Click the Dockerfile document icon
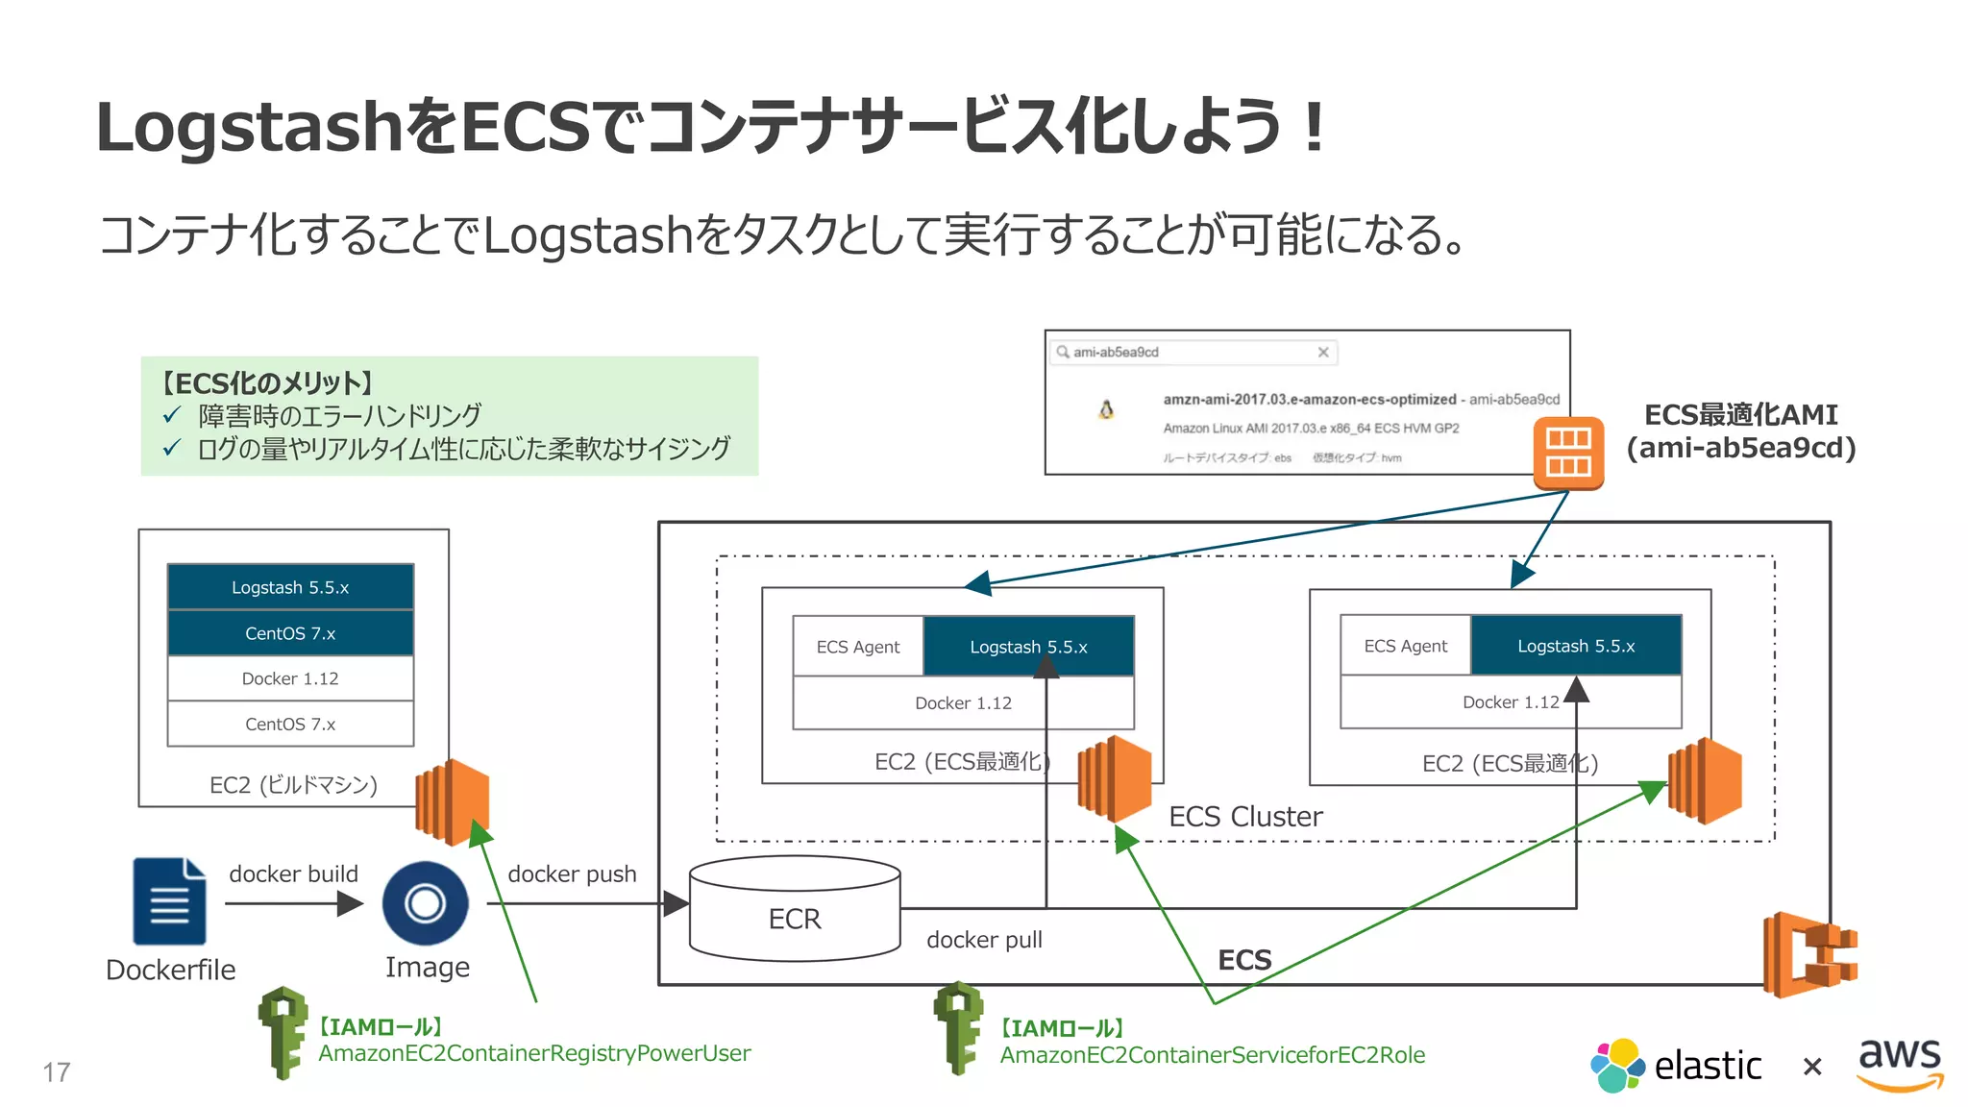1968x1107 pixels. pyautogui.click(x=169, y=901)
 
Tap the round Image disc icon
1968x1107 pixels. pyautogui.click(x=425, y=903)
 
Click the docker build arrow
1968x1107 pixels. pyautogui.click(x=294, y=903)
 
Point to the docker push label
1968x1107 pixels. pyautogui.click(x=572, y=873)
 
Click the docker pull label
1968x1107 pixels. pyautogui.click(x=984, y=940)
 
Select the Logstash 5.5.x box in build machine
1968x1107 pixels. pyautogui.click(x=290, y=587)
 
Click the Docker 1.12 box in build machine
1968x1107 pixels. pyautogui.click(x=290, y=678)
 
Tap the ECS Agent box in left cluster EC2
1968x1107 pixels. pyautogui.click(x=858, y=647)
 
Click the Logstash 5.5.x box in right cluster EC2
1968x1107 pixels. pyautogui.click(x=1576, y=646)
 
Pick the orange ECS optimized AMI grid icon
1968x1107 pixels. pyautogui.click(x=1568, y=453)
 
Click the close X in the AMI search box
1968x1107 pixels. pyautogui.click(x=1323, y=353)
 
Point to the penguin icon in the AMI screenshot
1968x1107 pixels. pyautogui.click(x=1106, y=410)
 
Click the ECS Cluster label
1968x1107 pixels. pyautogui.click(x=1245, y=817)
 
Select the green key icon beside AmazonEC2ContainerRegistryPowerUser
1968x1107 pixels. pyautogui.click(x=283, y=1032)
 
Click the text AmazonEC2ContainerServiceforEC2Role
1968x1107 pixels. pyautogui.click(x=1213, y=1055)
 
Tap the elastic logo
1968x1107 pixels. pyautogui.click(x=1676, y=1065)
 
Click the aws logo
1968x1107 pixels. pyautogui.click(x=1900, y=1063)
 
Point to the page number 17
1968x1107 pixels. pyautogui.click(x=57, y=1071)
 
